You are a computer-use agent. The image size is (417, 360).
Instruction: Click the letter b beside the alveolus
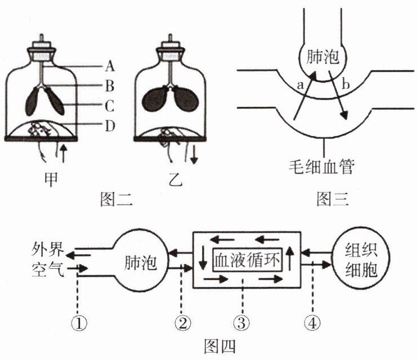click(346, 85)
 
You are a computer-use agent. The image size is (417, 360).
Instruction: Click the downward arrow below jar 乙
click(194, 153)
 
